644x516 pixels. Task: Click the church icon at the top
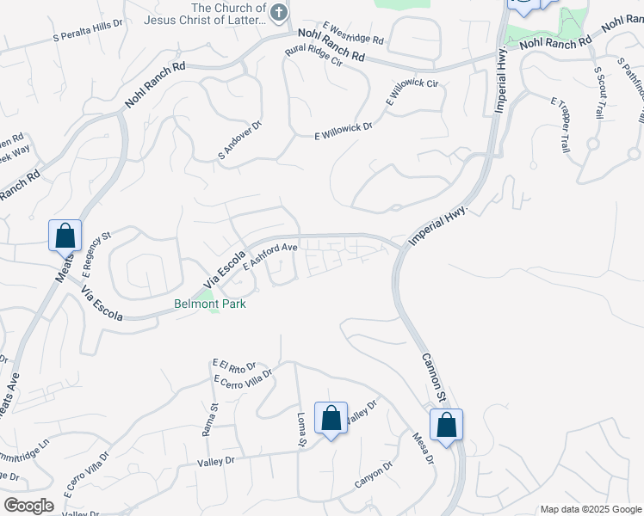click(x=278, y=13)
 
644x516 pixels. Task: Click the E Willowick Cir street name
click(x=413, y=92)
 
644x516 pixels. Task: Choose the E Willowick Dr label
click(x=343, y=131)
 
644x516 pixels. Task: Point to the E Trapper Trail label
click(x=560, y=124)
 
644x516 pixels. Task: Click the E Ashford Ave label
click(x=269, y=256)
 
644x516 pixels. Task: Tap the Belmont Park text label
click(x=210, y=304)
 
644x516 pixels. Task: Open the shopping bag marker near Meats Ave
click(x=65, y=236)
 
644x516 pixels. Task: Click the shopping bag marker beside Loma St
click(x=331, y=419)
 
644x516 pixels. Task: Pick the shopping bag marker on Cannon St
click(x=446, y=426)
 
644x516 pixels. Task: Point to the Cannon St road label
click(x=432, y=377)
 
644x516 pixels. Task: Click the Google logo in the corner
click(x=28, y=505)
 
